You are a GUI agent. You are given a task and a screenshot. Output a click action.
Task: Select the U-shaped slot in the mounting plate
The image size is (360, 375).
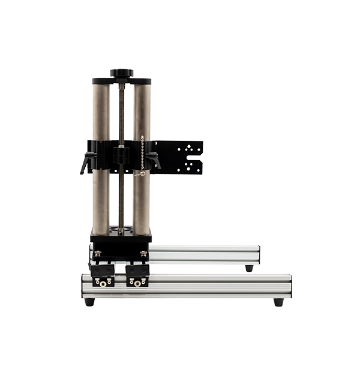click(196, 160)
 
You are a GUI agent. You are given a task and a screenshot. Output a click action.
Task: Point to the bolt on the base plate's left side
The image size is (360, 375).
click(98, 253)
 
